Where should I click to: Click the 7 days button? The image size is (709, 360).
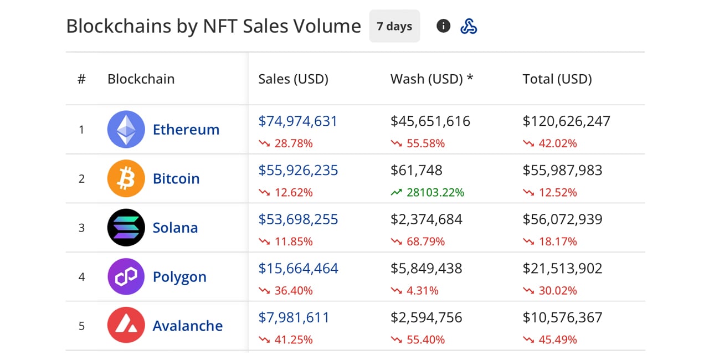point(394,26)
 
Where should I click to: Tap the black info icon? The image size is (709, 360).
point(443,25)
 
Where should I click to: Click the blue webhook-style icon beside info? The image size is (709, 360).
point(469,26)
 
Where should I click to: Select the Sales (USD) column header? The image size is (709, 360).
point(293,79)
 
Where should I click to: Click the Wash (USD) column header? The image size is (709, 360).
point(431,79)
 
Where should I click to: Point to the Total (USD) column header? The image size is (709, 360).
point(557,79)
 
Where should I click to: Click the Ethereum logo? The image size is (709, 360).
point(126,129)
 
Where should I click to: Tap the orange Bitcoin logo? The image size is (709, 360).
point(126,178)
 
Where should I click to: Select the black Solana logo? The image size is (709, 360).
point(126,228)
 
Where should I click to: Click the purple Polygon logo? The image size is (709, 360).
point(126,277)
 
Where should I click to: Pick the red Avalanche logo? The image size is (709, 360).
point(126,326)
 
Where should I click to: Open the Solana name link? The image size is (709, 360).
point(175,228)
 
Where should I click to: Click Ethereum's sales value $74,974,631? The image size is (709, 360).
point(298,121)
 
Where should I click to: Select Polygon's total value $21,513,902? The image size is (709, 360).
point(562,269)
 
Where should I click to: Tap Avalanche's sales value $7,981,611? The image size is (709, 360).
point(294,318)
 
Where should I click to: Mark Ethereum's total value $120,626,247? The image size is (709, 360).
point(566,121)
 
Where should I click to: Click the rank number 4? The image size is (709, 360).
point(81,277)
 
